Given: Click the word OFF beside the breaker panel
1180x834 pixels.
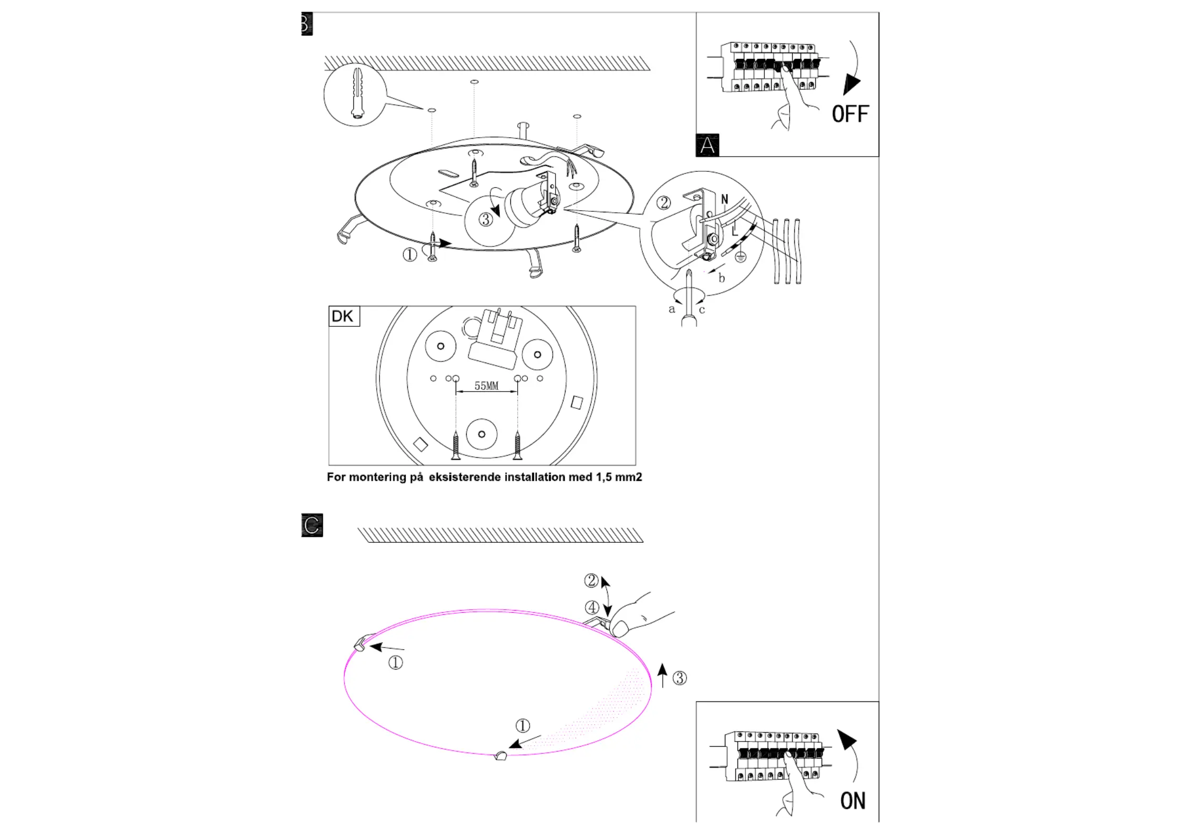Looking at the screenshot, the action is pos(850,114).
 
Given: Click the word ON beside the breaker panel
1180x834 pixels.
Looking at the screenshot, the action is pos(853,801).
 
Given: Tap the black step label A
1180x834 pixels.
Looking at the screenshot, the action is pos(707,145).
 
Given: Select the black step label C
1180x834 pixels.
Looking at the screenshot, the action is pos(312,525).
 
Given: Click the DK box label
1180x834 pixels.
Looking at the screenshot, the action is pos(343,316).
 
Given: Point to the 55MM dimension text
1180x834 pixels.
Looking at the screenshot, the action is pos(486,386).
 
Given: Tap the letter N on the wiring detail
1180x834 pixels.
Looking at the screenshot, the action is pos(725,199).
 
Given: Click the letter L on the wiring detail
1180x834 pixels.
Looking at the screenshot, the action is pos(735,229).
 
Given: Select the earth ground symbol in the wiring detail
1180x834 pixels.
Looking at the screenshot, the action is pos(741,258).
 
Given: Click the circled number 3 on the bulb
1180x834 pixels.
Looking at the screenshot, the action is pos(486,219).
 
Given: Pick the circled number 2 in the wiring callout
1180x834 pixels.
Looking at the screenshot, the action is pos(664,203).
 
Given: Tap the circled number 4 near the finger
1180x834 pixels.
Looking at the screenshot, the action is pos(592,608).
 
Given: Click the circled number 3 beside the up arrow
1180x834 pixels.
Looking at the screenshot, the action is pos(680,678).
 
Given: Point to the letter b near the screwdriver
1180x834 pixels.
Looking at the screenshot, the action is pos(722,278).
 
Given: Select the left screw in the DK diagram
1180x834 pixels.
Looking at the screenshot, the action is pos(456,445).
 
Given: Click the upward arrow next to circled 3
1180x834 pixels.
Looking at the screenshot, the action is pos(663,675).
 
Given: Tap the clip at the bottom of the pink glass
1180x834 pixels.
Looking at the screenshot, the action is pos(500,756).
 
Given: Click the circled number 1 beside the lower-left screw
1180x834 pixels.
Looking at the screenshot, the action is pos(410,255).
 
